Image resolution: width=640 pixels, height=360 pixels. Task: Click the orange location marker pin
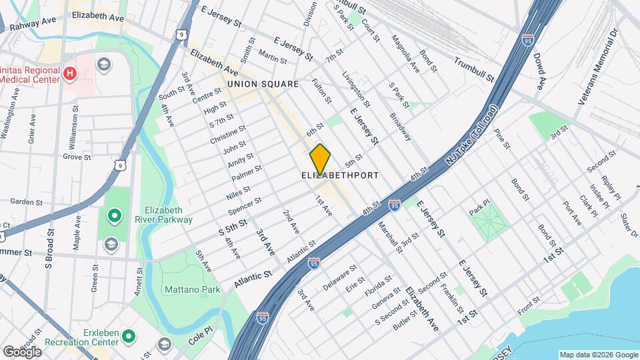pos(320,159)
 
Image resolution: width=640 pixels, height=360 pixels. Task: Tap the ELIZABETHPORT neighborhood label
pos(340,175)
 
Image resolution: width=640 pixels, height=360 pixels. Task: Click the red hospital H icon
pos(69,71)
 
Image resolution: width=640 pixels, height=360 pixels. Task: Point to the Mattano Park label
pos(192,290)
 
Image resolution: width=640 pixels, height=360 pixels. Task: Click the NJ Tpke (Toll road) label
pos(472,136)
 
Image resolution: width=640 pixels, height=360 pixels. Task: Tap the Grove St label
pos(77,157)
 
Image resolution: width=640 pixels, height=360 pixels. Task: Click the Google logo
pos(21,351)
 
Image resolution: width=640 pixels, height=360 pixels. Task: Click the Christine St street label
pos(228,134)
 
